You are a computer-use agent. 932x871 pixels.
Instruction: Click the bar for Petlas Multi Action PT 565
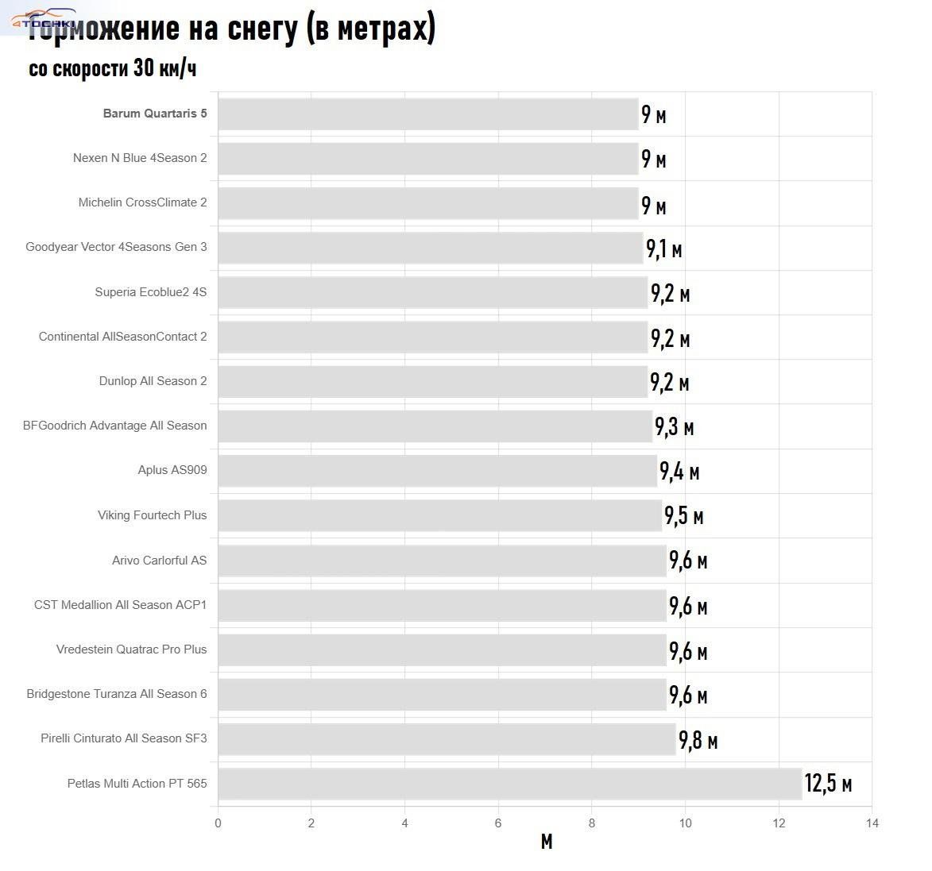pyautogui.click(x=509, y=784)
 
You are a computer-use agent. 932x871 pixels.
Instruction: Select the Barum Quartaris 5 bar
pyautogui.click(x=427, y=114)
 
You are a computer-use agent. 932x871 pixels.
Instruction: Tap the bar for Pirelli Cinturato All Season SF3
pyautogui.click(x=446, y=738)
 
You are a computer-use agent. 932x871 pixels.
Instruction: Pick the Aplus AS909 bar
pyautogui.click(x=437, y=470)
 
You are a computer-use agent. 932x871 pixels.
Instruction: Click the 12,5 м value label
pyautogui.click(x=828, y=784)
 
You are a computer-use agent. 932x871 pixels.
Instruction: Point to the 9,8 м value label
pyautogui.click(x=698, y=741)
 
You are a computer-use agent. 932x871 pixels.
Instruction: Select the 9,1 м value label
pyautogui.click(x=663, y=249)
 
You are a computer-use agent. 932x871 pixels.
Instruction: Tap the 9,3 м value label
pyautogui.click(x=674, y=427)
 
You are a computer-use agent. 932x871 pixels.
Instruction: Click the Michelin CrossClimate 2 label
pyautogui.click(x=142, y=202)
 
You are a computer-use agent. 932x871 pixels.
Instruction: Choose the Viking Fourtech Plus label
pyautogui.click(x=152, y=515)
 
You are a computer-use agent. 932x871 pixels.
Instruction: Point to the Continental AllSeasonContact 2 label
pyautogui.click(x=122, y=337)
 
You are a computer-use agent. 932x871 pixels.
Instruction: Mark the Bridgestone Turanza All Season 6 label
pyautogui.click(x=116, y=694)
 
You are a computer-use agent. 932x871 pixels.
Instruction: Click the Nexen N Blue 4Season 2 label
pyautogui.click(x=139, y=158)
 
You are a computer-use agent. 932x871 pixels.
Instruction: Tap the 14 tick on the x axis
pyautogui.click(x=872, y=823)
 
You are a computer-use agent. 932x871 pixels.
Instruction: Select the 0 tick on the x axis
pyautogui.click(x=218, y=823)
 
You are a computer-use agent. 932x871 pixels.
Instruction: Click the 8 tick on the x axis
pyautogui.click(x=592, y=823)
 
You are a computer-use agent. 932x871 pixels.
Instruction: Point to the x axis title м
pyautogui.click(x=546, y=842)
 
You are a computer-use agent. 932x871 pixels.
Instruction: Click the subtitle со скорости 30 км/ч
pyautogui.click(x=112, y=69)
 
